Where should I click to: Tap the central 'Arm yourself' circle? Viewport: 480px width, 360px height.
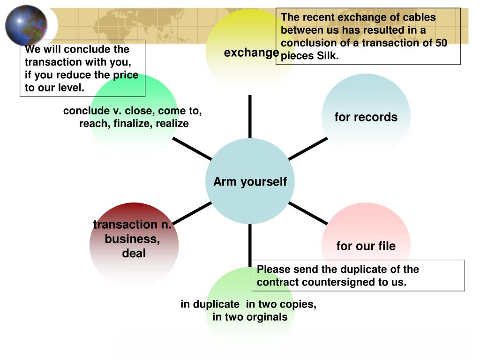(x=250, y=181)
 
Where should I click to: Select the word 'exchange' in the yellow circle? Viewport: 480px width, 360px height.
(x=251, y=52)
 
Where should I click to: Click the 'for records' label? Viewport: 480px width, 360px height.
(x=366, y=117)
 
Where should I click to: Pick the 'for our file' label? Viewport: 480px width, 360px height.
(x=366, y=246)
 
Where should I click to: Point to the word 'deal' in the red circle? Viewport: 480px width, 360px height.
(x=134, y=254)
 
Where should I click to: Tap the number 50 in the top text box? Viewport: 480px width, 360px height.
(x=441, y=43)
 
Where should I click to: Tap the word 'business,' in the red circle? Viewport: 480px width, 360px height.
(x=132, y=239)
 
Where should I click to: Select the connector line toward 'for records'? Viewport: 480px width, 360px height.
(x=307, y=148)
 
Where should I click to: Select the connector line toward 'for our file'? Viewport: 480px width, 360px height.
(x=307, y=213)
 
